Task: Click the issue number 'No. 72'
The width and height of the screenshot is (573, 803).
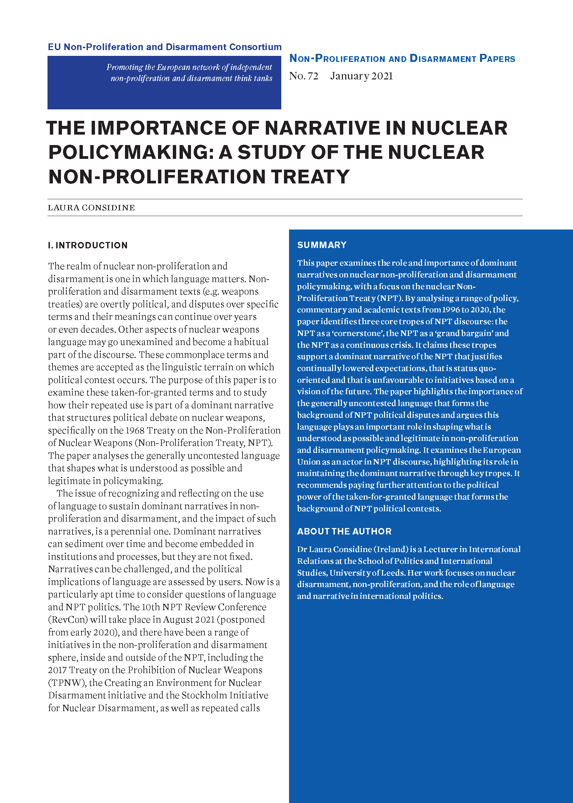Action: pyautogui.click(x=304, y=76)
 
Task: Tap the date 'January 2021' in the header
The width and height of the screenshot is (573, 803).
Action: pyautogui.click(x=361, y=76)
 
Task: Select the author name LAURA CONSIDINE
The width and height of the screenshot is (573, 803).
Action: pyautogui.click(x=91, y=208)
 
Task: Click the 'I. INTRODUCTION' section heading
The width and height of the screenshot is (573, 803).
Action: pyautogui.click(x=88, y=245)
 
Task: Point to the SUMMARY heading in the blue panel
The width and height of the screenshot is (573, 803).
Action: pyautogui.click(x=321, y=245)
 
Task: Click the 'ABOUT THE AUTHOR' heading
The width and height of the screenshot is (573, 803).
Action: pyautogui.click(x=344, y=531)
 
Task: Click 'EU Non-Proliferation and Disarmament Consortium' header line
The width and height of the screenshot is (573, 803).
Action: pyautogui.click(x=164, y=47)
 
